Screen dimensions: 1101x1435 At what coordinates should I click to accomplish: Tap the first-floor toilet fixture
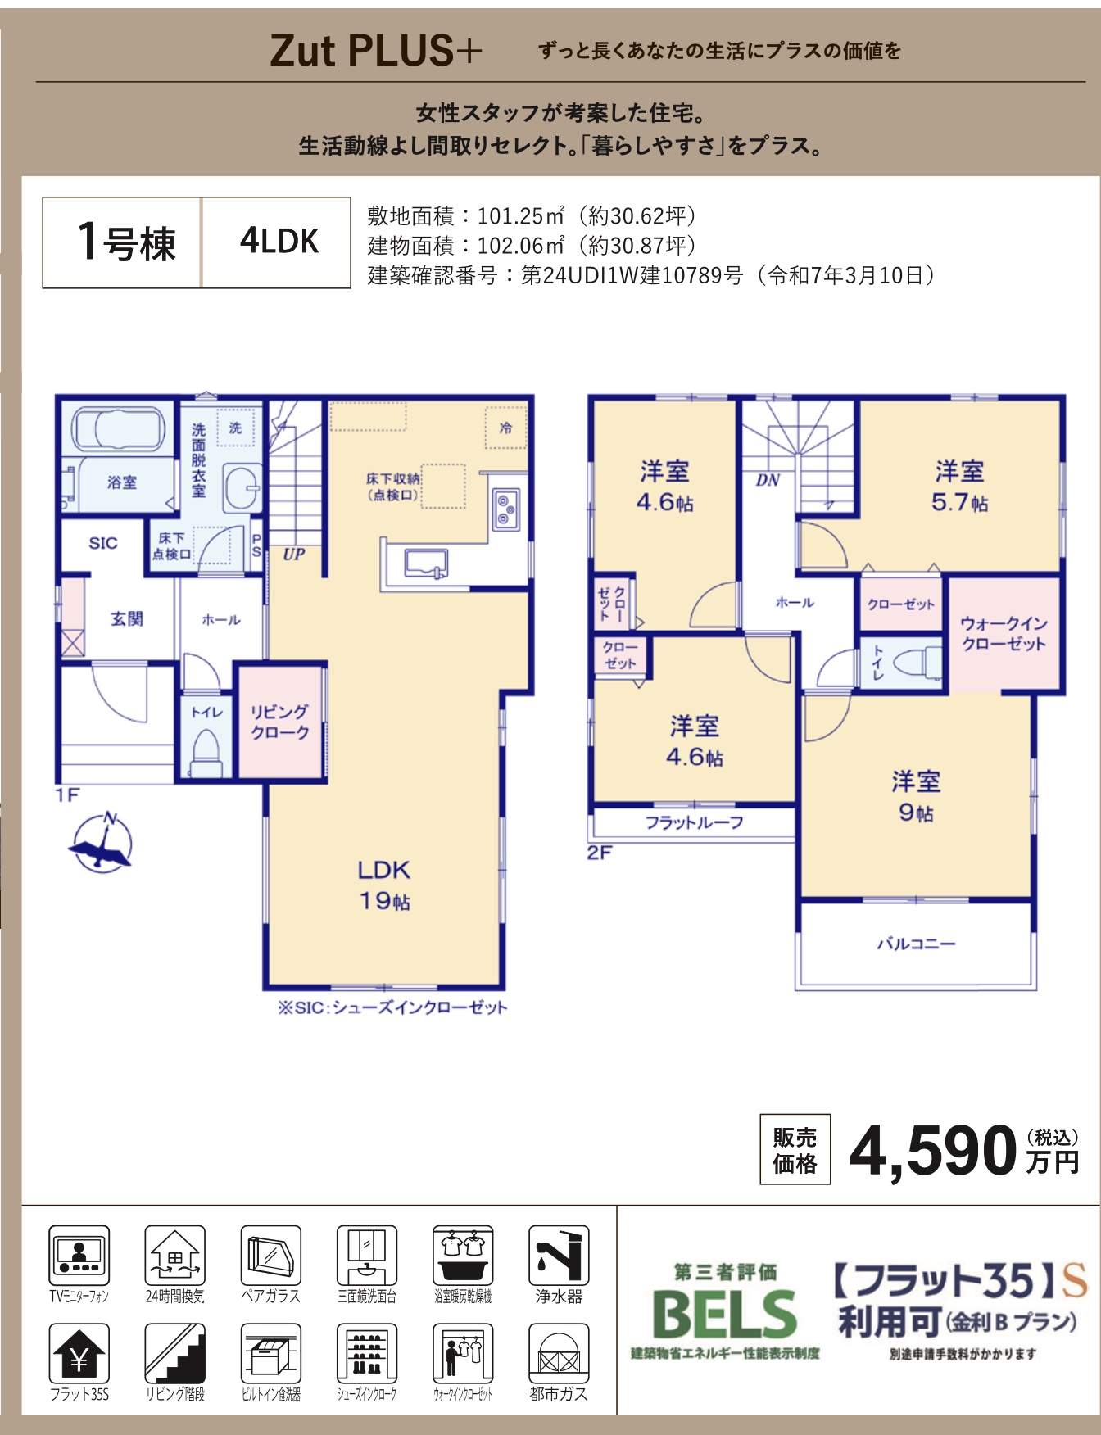(206, 753)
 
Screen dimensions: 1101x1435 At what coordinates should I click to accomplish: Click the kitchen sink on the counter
(427, 564)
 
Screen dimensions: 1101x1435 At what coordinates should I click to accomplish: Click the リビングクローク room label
(280, 722)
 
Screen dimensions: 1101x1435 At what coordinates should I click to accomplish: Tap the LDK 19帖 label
(383, 885)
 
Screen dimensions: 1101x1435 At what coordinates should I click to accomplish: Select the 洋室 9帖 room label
(916, 796)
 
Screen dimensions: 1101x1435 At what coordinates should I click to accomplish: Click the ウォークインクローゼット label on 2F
(1004, 634)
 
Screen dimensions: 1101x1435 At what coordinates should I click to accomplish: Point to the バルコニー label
(916, 944)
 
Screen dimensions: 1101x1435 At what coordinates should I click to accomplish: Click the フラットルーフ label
(694, 822)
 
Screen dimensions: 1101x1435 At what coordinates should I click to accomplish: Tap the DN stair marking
(768, 480)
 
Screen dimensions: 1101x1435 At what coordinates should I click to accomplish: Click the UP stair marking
(294, 554)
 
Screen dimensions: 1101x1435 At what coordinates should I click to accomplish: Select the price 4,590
(933, 1150)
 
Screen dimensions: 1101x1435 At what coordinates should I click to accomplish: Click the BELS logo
(725, 1313)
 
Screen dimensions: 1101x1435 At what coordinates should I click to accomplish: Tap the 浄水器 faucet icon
(559, 1255)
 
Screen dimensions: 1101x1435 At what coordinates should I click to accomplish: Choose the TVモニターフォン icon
(79, 1255)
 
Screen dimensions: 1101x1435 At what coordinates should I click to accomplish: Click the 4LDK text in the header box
(279, 241)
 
